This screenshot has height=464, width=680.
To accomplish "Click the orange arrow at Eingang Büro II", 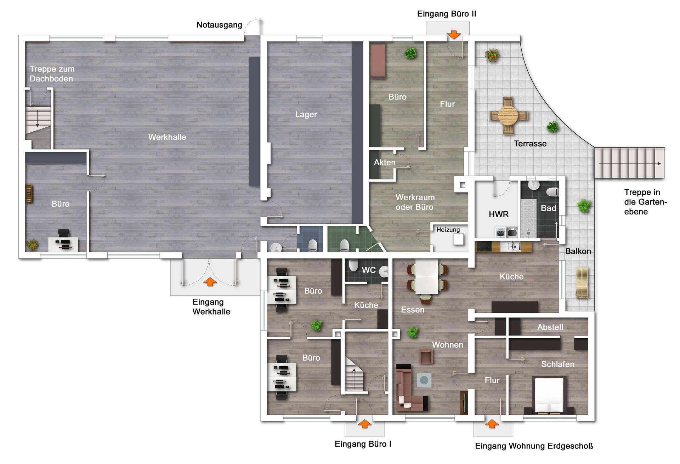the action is click(x=454, y=35).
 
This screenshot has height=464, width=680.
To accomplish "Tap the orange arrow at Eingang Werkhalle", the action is click(x=210, y=281).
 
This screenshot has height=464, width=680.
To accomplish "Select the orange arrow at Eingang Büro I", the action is click(x=364, y=424).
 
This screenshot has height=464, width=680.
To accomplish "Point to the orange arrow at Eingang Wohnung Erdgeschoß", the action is click(x=491, y=424).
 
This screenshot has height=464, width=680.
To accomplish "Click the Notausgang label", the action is click(x=219, y=25).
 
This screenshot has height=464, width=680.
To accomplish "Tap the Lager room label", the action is click(x=306, y=114).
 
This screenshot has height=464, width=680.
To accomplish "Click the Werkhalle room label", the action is click(x=167, y=137).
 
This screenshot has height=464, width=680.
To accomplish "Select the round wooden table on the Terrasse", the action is click(x=509, y=115).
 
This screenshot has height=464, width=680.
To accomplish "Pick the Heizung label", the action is click(x=448, y=230).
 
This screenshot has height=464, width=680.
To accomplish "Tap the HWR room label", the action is click(x=499, y=214).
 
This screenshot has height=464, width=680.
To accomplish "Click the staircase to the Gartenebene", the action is click(x=629, y=163).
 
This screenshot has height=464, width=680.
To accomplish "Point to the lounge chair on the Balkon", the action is click(x=582, y=282).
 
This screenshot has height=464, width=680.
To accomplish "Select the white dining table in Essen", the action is click(x=427, y=276).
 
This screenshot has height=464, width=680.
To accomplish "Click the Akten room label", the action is click(x=385, y=162).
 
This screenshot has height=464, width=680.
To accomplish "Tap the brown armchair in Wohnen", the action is click(x=426, y=356).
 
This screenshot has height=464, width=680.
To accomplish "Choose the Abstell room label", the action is click(x=550, y=327).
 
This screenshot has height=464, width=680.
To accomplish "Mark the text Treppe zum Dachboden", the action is click(x=52, y=74).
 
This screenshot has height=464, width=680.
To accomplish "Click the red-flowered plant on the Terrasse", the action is click(x=492, y=55).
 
